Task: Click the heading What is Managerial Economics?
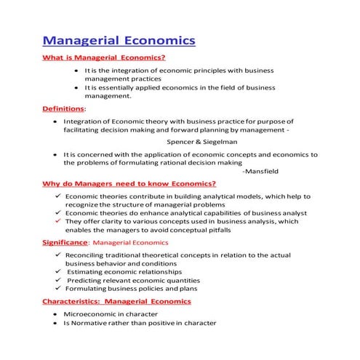(x=104, y=57)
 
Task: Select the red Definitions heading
(x=63, y=109)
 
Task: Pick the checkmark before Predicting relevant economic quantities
(x=57, y=279)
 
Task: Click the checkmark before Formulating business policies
(x=57, y=288)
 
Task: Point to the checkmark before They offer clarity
(x=57, y=222)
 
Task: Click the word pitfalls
(x=215, y=230)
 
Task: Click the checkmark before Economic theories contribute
(x=57, y=197)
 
